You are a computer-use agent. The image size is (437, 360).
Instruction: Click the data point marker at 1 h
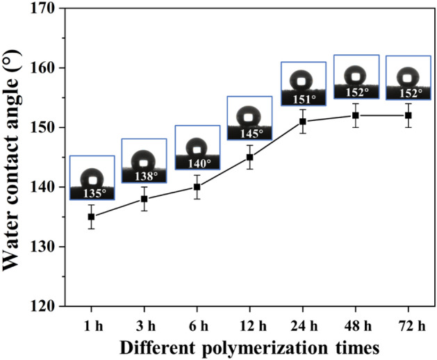point(92,216)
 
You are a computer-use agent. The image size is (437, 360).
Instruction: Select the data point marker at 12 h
point(250,156)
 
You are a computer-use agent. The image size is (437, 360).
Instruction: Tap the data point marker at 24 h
point(303,121)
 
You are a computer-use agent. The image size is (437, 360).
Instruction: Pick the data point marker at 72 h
point(409,115)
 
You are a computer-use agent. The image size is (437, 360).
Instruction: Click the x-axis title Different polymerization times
point(249,345)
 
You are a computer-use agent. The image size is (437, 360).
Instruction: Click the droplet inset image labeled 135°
point(92,178)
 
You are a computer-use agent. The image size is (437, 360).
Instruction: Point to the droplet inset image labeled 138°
point(144,161)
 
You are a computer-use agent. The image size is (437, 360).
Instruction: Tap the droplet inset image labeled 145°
point(249,117)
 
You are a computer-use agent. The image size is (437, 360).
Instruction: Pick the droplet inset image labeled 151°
point(303,84)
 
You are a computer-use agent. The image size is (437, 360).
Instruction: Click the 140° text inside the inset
point(197,163)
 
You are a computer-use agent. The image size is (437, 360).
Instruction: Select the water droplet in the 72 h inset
point(408,76)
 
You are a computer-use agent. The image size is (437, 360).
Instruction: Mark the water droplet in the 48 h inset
point(356,75)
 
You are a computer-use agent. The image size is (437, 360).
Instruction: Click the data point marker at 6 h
point(197,186)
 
